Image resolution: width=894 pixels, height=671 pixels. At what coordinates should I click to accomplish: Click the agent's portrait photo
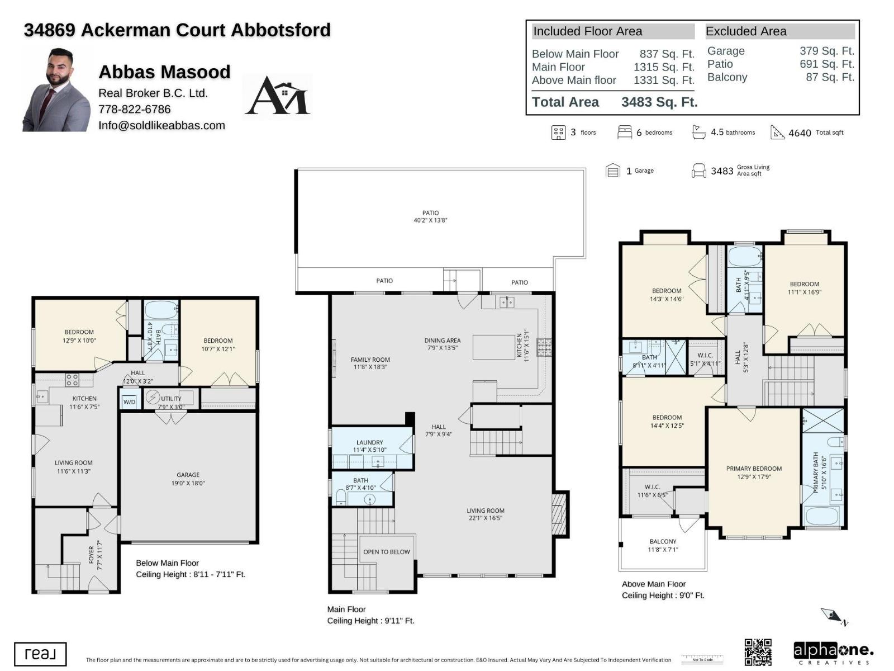[x=56, y=91]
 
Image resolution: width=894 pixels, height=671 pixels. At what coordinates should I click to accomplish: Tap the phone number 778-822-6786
[x=135, y=109]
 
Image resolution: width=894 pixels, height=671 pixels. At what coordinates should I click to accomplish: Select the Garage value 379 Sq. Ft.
[x=826, y=51]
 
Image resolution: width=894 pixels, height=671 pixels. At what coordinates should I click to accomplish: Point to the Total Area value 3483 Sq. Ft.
[x=659, y=102]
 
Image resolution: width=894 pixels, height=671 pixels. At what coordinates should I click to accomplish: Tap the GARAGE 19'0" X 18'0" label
[x=188, y=479]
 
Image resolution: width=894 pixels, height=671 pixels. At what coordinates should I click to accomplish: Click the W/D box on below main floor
[x=129, y=401]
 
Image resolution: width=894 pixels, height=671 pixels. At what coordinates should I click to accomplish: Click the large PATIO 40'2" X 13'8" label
[x=430, y=216]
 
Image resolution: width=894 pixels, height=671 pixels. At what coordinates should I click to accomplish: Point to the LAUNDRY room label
[x=369, y=446]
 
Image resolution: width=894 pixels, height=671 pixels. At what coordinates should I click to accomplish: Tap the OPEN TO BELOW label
[x=387, y=552]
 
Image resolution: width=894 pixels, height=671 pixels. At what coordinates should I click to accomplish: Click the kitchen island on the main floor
[x=493, y=347]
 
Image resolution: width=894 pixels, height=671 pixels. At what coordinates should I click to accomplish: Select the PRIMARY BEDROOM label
[x=754, y=472]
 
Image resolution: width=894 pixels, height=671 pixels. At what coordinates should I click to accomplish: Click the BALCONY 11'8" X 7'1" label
[x=663, y=545]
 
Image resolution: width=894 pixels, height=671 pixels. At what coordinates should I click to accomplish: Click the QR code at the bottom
[x=758, y=652]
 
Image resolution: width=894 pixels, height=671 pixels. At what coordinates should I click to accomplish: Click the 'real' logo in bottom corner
[x=40, y=654]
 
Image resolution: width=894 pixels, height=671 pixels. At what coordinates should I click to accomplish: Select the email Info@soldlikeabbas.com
[x=161, y=125]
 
